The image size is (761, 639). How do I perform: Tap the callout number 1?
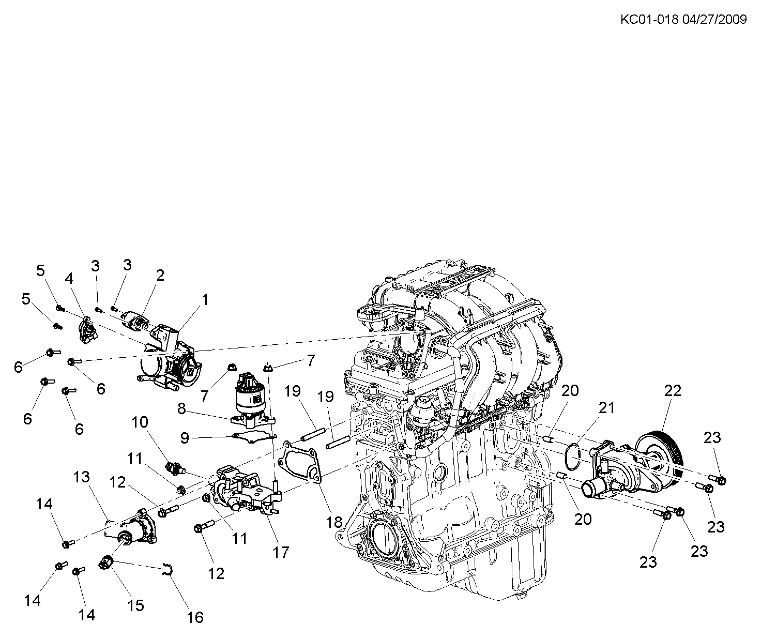pos(205,300)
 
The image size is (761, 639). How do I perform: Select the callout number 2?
pos(160,275)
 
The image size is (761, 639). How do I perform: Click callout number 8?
pos(181,409)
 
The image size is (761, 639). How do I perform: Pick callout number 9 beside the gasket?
pos(185,439)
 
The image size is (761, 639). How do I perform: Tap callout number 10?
pos(140,422)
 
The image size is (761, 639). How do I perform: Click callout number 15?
pos(135,605)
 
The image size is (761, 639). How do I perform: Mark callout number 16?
pos(195,617)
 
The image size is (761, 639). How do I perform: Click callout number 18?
pos(334,522)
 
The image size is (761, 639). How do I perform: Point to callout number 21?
pos(607,408)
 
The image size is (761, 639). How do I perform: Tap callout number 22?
pos(673,391)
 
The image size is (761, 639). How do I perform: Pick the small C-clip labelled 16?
pos(168,569)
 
